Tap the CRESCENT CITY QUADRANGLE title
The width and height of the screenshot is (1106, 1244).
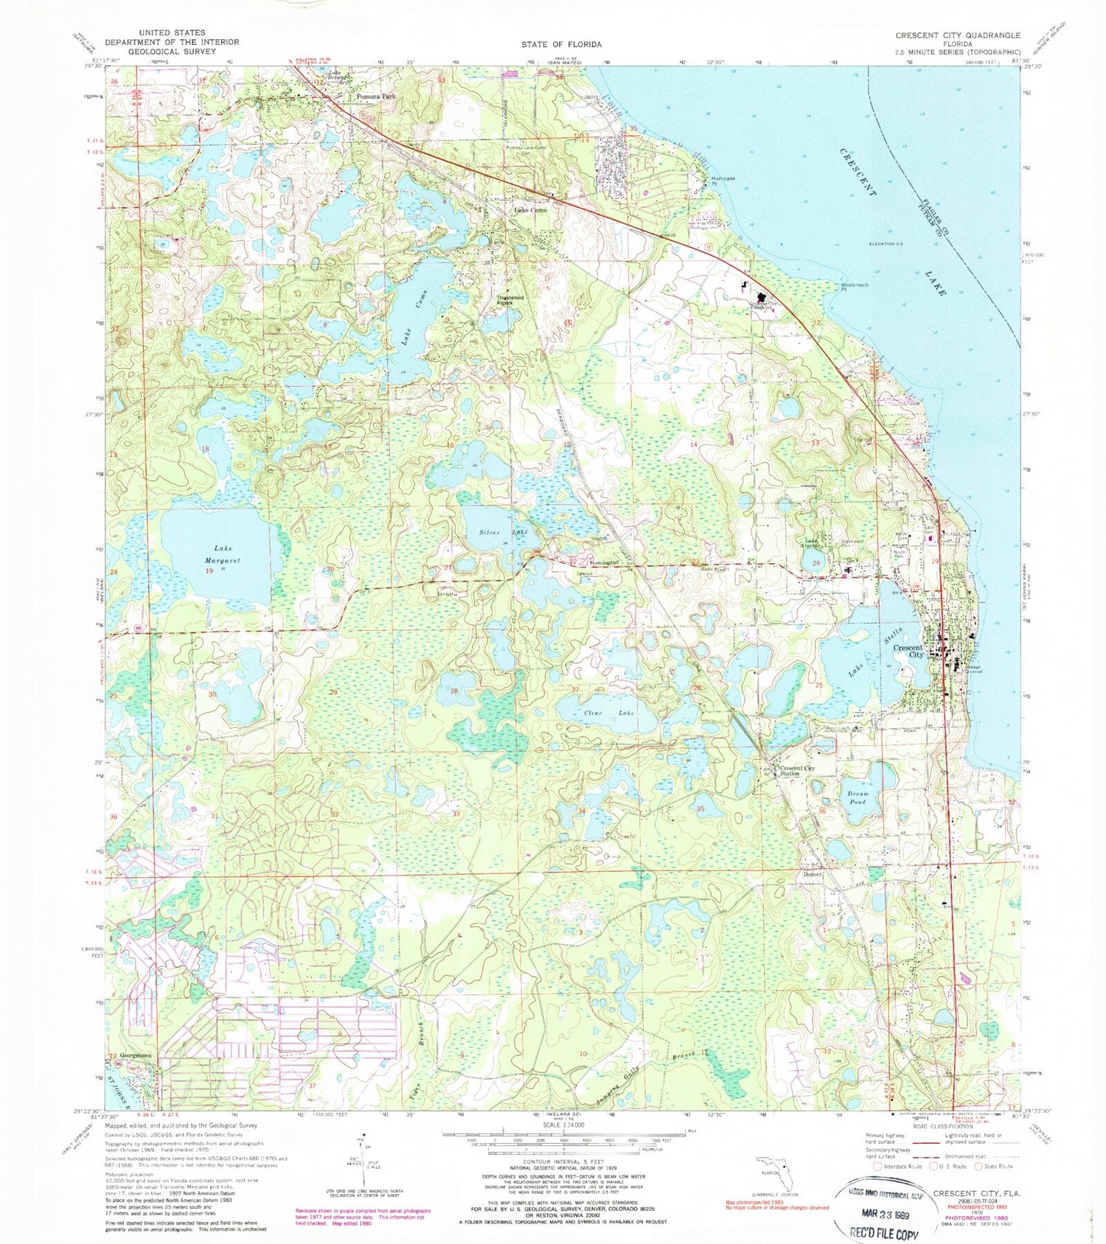[x=957, y=35]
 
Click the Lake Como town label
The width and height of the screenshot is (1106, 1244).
[x=530, y=210]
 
